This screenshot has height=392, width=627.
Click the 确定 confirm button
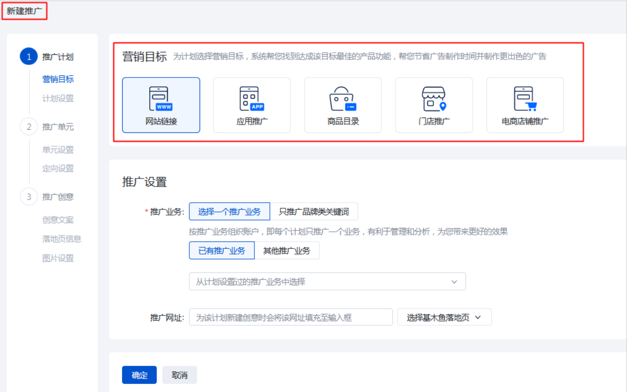click(x=139, y=375)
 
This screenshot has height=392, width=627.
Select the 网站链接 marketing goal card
click(x=161, y=105)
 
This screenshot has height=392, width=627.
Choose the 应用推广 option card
click(x=252, y=105)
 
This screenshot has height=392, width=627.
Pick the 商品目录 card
click(x=343, y=105)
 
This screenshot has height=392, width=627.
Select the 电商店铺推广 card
click(x=525, y=105)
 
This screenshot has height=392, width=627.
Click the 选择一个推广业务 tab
click(x=229, y=211)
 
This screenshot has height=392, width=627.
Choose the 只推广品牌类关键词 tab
click(x=314, y=211)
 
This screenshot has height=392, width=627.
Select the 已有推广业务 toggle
click(x=222, y=251)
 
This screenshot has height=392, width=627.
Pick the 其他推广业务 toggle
click(x=287, y=251)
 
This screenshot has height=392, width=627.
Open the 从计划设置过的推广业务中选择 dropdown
click(x=327, y=282)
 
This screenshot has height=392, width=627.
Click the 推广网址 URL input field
click(x=290, y=318)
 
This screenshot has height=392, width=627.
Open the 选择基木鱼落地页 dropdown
click(x=444, y=318)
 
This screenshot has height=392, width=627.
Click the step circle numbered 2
click(x=29, y=127)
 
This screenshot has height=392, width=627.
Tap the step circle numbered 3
click(x=29, y=197)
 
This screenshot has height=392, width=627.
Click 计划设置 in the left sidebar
click(x=58, y=99)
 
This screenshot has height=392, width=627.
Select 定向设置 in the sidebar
click(x=58, y=168)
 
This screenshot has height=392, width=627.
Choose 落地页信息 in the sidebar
click(x=62, y=239)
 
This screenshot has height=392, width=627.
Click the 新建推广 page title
click(x=24, y=11)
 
